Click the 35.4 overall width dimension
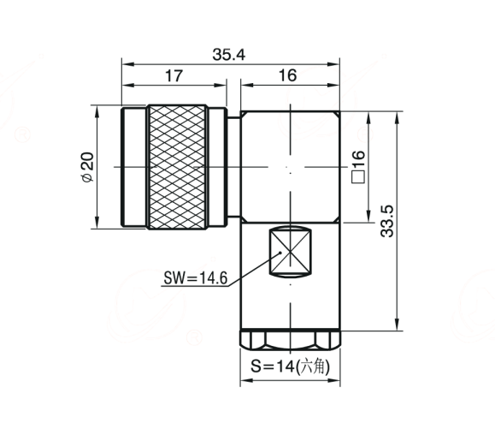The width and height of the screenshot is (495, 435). tap(228, 55)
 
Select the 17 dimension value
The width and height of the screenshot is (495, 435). tap(174, 76)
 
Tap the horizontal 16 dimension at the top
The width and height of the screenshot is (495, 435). tap(287, 75)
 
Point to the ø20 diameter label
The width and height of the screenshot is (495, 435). tap(88, 167)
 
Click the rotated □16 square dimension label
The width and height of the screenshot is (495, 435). tap(358, 167)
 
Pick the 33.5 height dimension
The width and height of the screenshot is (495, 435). tap(387, 221)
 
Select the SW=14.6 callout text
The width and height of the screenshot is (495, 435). tap(196, 278)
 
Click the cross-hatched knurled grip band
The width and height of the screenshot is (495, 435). tap(177, 167)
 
